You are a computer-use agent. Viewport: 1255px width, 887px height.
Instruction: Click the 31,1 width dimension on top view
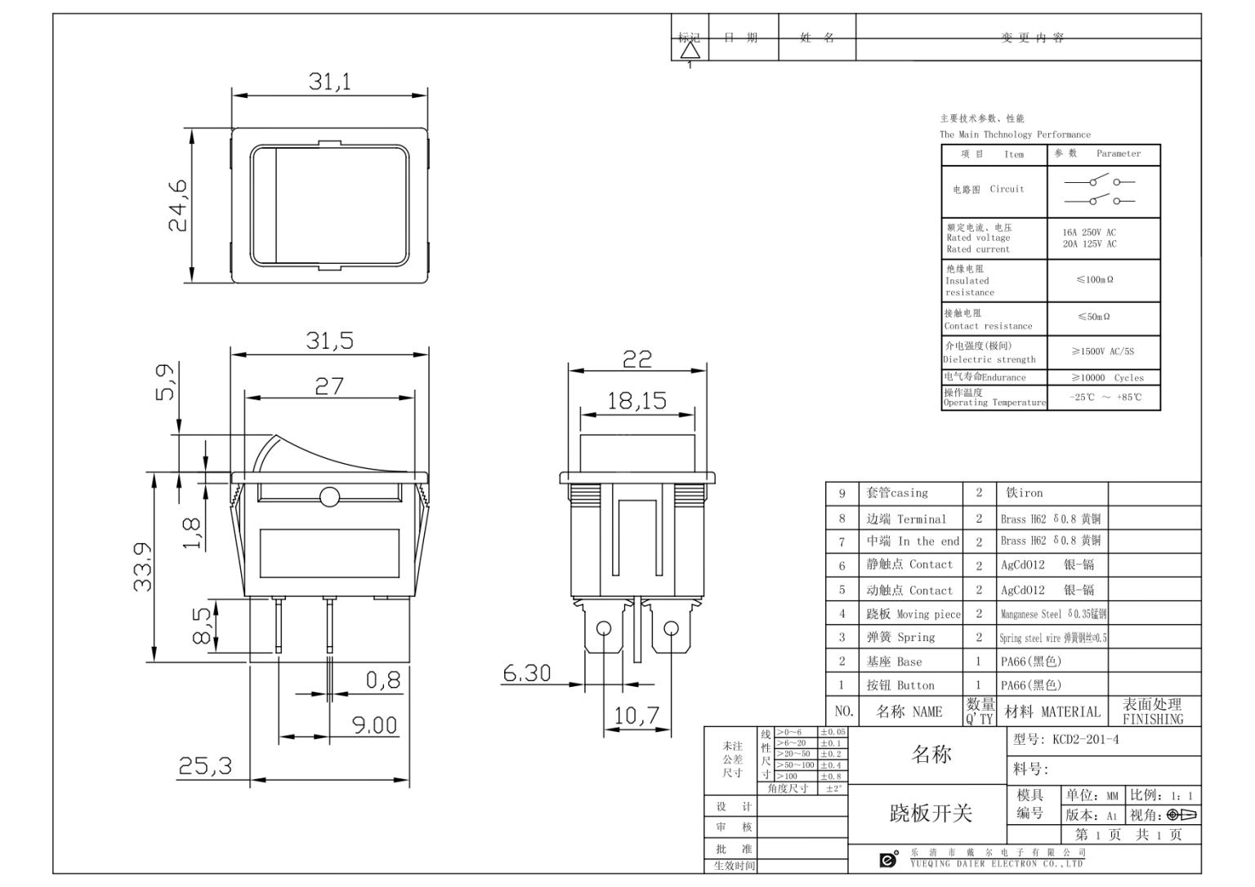tap(329, 82)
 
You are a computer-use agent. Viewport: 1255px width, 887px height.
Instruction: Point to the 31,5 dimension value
tap(329, 341)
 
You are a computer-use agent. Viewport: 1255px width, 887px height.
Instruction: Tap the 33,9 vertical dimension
tap(143, 567)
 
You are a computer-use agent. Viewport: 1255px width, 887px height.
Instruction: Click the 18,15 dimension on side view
tap(636, 401)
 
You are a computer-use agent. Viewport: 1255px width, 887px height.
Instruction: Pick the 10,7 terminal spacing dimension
tap(636, 715)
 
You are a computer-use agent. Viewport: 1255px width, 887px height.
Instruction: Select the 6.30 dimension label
tap(526, 673)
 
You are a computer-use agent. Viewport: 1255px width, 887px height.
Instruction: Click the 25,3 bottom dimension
tap(205, 766)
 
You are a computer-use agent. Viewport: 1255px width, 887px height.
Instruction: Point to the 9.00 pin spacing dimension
tap(374, 725)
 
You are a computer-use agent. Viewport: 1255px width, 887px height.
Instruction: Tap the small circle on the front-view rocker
tap(329, 497)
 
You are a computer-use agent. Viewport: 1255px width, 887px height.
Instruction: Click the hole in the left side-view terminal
tap(603, 629)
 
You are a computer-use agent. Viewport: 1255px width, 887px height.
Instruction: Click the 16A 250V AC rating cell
tap(1089, 233)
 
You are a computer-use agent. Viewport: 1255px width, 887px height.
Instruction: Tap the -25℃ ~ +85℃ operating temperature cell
tap(1105, 398)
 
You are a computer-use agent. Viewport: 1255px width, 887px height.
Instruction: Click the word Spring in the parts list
tap(916, 637)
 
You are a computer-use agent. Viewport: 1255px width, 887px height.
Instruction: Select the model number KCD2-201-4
tap(1085, 740)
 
